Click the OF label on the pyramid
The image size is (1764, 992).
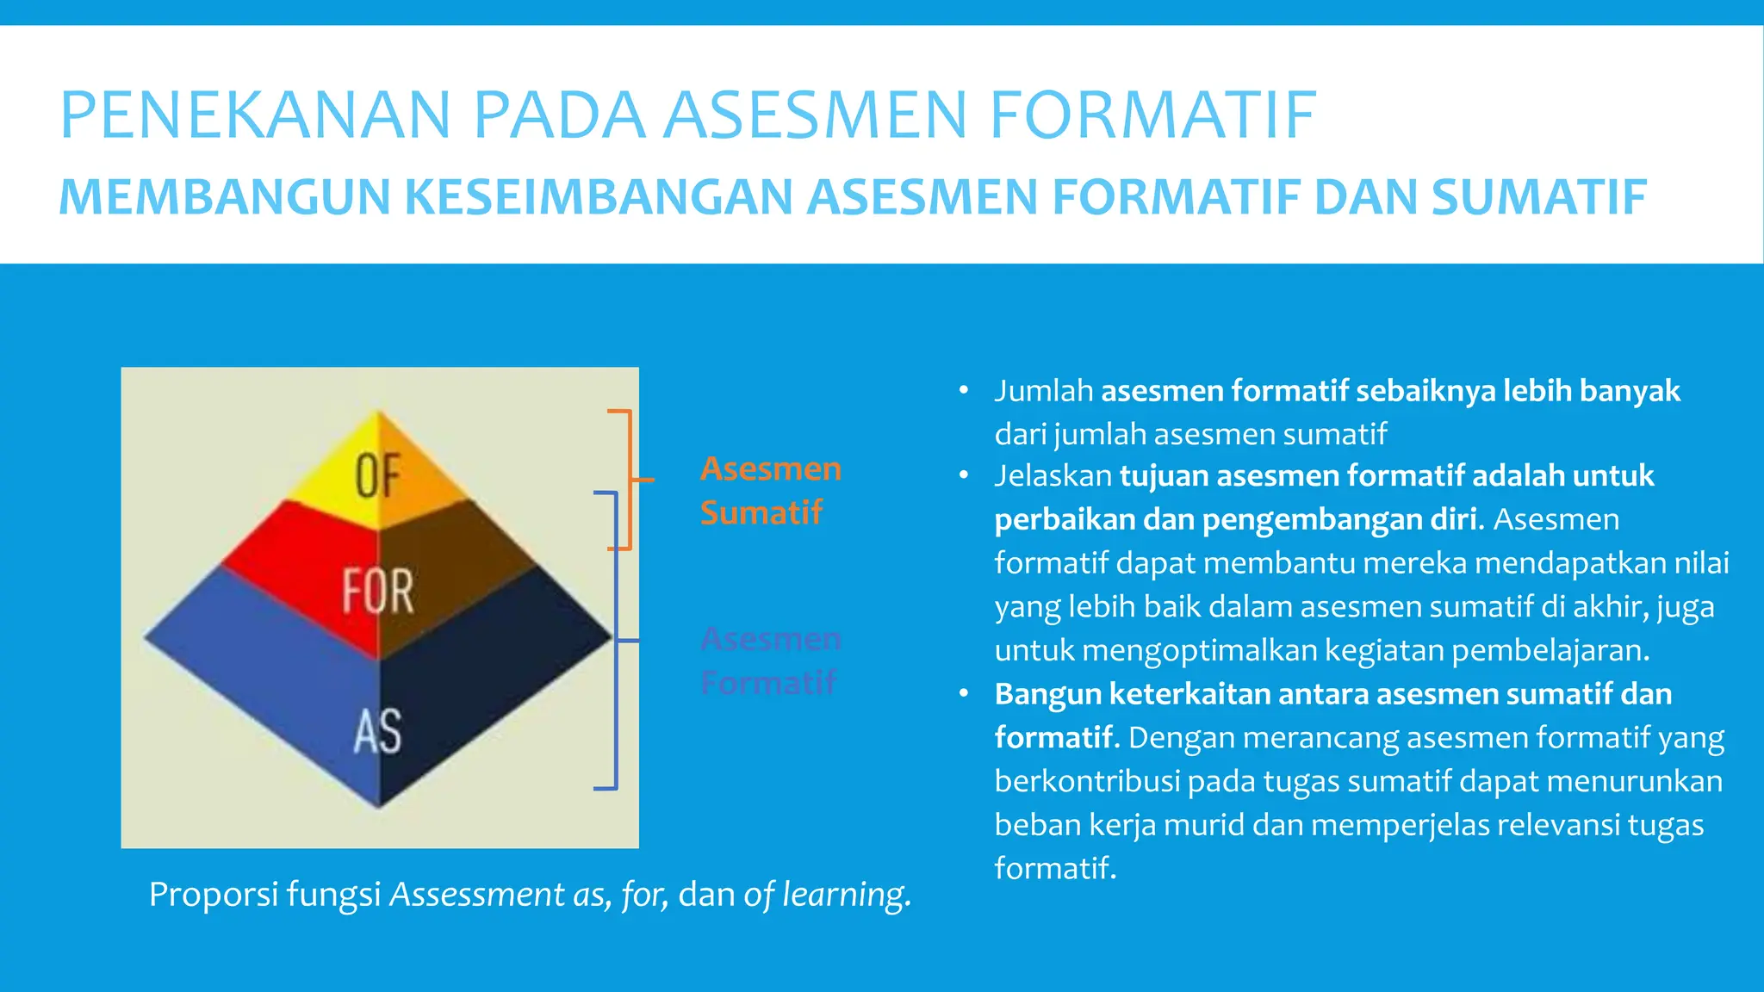click(378, 476)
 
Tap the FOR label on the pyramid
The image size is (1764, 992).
click(378, 591)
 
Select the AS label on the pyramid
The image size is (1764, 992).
click(378, 732)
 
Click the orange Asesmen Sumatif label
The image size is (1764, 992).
click(770, 490)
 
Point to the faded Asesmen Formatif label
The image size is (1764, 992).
click(770, 660)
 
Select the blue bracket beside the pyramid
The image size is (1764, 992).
click(615, 641)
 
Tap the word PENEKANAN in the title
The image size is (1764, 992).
click(255, 115)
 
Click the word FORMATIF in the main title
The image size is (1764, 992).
click(1152, 115)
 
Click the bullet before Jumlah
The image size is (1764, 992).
click(964, 391)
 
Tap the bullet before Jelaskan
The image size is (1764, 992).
click(964, 475)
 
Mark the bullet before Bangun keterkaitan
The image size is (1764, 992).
click(964, 694)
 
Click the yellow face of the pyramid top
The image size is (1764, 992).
click(332, 482)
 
